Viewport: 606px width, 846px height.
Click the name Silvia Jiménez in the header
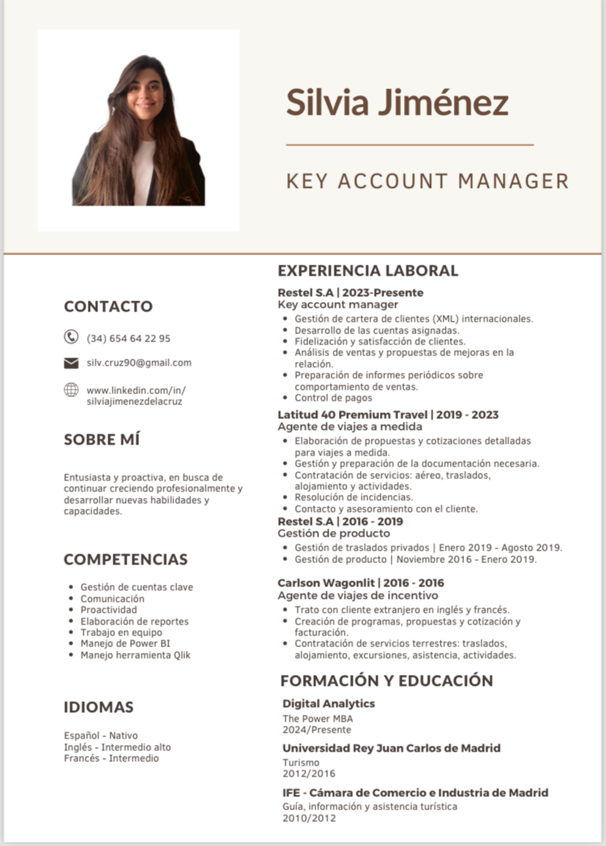click(397, 102)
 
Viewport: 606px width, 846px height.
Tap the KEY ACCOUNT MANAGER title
click(427, 181)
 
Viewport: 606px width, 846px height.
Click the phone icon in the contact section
click(71, 337)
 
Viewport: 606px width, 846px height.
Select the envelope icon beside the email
click(71, 363)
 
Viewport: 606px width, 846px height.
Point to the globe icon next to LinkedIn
click(71, 390)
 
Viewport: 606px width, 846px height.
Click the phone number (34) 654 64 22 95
click(129, 339)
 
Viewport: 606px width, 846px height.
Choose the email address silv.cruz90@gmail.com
click(139, 363)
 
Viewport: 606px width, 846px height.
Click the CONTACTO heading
click(108, 306)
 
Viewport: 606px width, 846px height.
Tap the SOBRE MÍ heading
click(102, 439)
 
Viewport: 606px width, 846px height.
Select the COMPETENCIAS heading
click(126, 559)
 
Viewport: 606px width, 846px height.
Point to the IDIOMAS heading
click(99, 707)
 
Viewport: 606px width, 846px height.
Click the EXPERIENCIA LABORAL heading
click(367, 271)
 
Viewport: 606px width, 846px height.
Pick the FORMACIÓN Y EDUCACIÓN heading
click(386, 681)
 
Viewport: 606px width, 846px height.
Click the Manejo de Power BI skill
click(125, 643)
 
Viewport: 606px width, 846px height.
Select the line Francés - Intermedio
click(111, 758)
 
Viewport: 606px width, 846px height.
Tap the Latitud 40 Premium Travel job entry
click(388, 415)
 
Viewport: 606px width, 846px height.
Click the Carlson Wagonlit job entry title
click(361, 583)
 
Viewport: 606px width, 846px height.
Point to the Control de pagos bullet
click(333, 398)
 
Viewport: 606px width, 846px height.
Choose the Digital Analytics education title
click(329, 703)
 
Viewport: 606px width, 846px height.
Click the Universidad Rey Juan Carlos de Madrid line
click(392, 748)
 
